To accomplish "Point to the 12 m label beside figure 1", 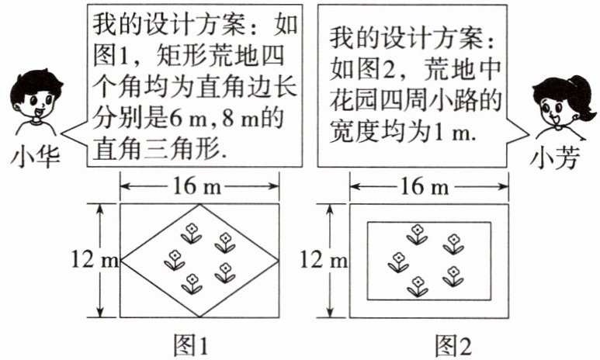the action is tap(98, 261).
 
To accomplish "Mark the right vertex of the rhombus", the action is tap(279, 261).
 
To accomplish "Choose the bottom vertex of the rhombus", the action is tap(200, 317).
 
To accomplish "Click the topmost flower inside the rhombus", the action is tap(190, 231).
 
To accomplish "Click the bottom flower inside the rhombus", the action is tap(191, 283).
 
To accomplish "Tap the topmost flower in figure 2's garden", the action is tap(418, 232).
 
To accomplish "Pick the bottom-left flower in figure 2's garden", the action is tap(398, 261).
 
